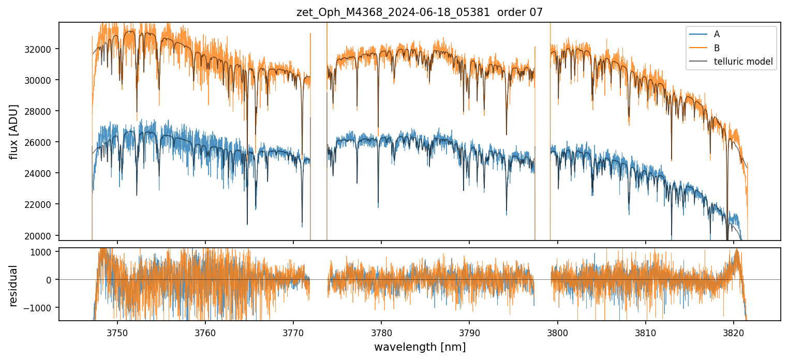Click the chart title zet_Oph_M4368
click(420, 12)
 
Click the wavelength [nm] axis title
click(420, 347)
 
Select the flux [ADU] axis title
click(13, 131)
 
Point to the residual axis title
click(13, 286)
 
